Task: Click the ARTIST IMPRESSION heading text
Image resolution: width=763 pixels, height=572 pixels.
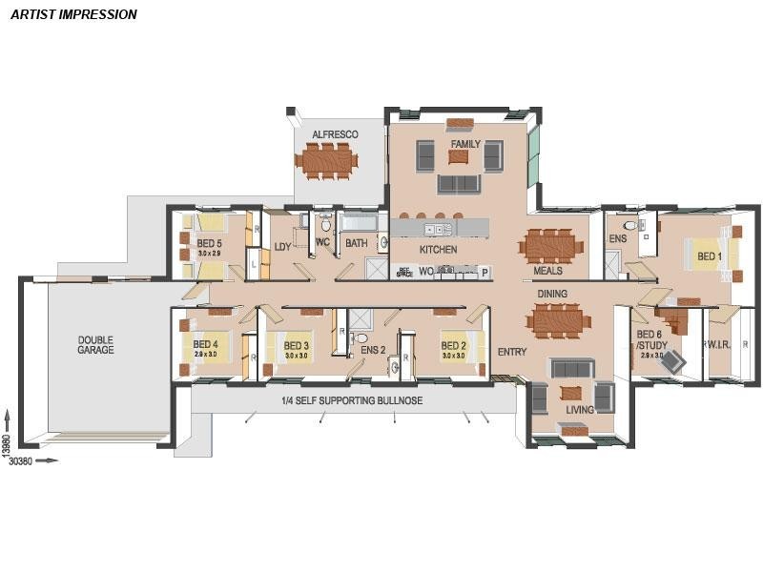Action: pos(73,14)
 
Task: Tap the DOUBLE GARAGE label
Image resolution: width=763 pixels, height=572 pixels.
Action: pos(95,344)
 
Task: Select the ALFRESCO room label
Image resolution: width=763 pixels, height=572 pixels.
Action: pos(335,134)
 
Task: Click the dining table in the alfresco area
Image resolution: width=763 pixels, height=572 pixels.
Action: pos(326,160)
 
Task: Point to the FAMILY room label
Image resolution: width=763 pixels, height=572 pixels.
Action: pos(465,144)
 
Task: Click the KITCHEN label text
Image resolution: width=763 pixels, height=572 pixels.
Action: pos(438,250)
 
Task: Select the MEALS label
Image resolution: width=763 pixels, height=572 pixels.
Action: pos(547,271)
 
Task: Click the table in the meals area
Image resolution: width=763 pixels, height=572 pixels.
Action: pos(551,245)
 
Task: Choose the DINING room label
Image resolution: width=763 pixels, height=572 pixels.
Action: pos(552,295)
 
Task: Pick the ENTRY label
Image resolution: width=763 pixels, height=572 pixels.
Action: pos(511,352)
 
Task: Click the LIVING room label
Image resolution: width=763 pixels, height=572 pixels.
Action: pos(579,410)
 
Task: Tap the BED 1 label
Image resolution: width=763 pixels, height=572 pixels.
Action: pos(708,256)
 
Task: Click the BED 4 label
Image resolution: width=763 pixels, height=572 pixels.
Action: pos(205,345)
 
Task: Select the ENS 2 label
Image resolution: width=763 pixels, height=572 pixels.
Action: pos(372,351)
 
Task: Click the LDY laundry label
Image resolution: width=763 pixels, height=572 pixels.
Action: pos(282,247)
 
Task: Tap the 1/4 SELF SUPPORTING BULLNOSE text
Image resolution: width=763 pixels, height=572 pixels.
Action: pos(351,400)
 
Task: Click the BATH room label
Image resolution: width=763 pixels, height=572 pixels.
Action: pos(356,244)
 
